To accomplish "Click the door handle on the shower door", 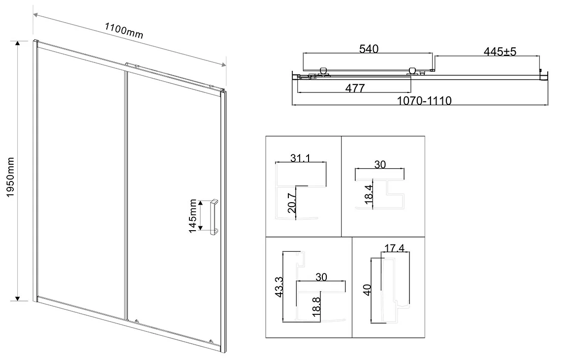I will (214, 217).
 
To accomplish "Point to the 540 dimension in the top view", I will (368, 49).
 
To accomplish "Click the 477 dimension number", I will (354, 89).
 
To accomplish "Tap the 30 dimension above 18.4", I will (380, 165).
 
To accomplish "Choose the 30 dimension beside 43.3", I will (321, 277).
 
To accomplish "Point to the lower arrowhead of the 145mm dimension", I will (201, 228).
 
